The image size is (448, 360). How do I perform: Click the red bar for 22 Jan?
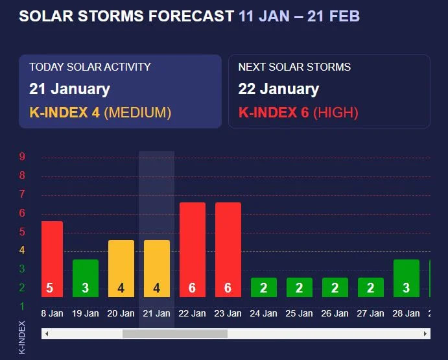[x=193, y=250]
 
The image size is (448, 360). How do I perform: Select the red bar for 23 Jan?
[x=228, y=250]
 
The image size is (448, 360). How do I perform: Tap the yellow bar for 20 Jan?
[x=121, y=269]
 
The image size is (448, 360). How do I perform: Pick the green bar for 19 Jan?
[x=86, y=278]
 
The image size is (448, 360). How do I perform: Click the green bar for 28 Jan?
[x=407, y=278]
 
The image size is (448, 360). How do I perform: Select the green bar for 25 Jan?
[x=300, y=287]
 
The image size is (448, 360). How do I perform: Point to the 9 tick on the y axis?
[x=22, y=156]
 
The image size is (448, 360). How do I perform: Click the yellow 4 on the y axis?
[x=22, y=250]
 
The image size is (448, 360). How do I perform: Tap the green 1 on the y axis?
[x=22, y=306]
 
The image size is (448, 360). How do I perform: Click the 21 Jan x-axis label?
[x=156, y=313]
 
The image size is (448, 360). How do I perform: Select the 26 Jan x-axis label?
[x=335, y=313]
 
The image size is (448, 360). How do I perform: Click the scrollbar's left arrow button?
[x=47, y=333]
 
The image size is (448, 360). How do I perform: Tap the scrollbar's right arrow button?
[x=425, y=333]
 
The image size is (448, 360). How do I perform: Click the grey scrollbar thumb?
[x=175, y=333]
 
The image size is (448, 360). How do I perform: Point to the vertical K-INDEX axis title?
[x=21, y=337]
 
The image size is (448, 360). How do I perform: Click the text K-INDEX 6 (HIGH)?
[x=298, y=112]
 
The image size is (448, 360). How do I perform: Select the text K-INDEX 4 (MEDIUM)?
[x=100, y=112]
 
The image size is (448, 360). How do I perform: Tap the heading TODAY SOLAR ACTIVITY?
[x=90, y=67]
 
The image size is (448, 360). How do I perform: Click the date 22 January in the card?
[x=279, y=89]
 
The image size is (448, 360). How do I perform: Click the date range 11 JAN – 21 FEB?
[x=299, y=16]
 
